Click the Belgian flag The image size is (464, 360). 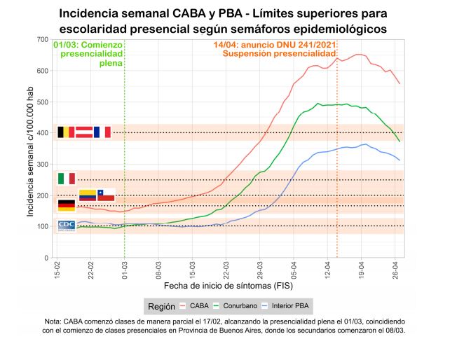[x=65, y=132]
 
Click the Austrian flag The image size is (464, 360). [x=84, y=132]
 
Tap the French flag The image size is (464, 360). [x=102, y=132]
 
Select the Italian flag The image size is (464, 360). [x=67, y=178]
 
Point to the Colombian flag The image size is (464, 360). [x=88, y=195]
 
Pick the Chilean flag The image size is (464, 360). [x=106, y=195]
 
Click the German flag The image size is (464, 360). [x=67, y=205]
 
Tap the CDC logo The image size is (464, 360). [x=66, y=226]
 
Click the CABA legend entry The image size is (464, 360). [x=196, y=306]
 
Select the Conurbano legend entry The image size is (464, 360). [x=236, y=306]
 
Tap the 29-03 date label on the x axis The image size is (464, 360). [x=260, y=270]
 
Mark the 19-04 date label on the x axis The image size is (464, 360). [x=362, y=270]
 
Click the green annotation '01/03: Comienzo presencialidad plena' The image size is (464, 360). [x=88, y=53]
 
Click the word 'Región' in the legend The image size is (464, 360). [x=161, y=306]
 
